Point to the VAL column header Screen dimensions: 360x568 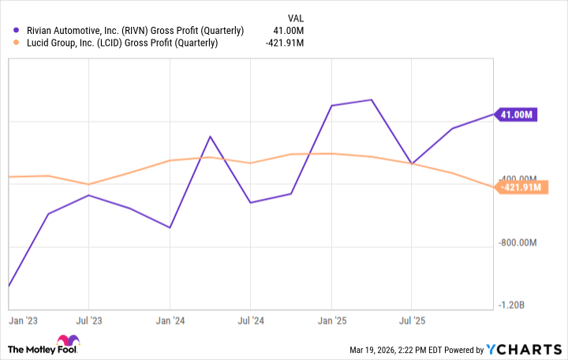pyautogui.click(x=293, y=17)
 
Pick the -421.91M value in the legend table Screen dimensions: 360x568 pyautogui.click(x=285, y=43)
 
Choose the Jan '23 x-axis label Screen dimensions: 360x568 pyautogui.click(x=23, y=321)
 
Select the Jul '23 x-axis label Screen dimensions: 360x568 pyautogui.click(x=88, y=321)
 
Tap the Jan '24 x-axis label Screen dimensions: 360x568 pyautogui.click(x=170, y=321)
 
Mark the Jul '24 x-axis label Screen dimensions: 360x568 pyautogui.click(x=250, y=321)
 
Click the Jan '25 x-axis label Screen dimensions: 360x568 pyautogui.click(x=332, y=321)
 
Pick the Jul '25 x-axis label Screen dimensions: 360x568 pyautogui.click(x=412, y=321)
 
